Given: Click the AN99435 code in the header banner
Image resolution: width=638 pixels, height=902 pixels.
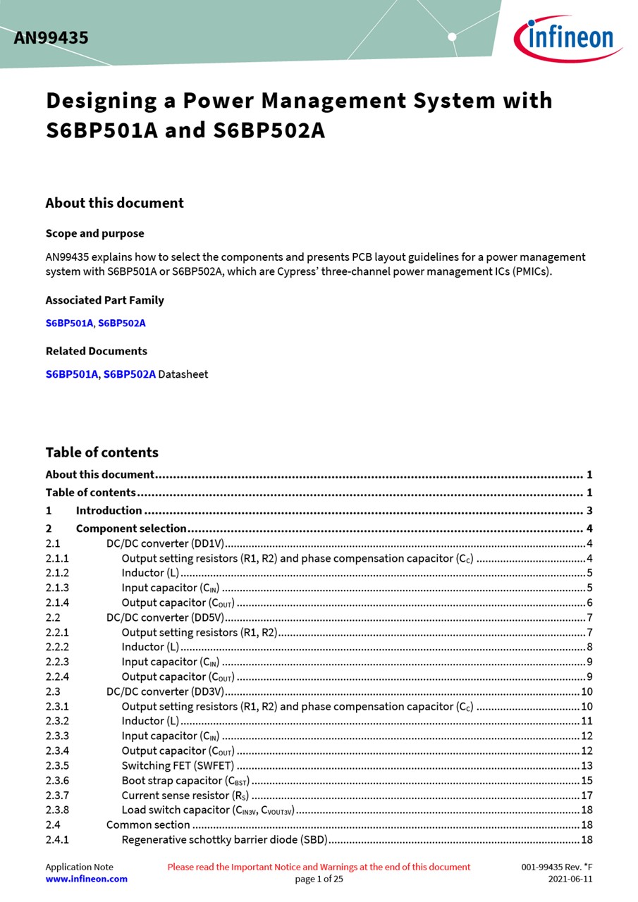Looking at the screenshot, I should [x=51, y=38].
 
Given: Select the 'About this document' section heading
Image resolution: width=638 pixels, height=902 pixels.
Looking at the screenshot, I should [x=114, y=203].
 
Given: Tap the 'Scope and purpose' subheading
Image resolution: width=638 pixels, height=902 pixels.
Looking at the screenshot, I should [x=94, y=233].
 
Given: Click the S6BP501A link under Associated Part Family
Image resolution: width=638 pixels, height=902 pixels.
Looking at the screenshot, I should [x=69, y=323].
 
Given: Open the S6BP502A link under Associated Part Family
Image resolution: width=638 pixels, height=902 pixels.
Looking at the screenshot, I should [x=122, y=323].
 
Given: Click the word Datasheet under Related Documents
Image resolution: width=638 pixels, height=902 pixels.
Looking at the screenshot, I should [x=183, y=374].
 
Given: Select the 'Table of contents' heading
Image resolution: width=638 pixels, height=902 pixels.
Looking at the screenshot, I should [x=102, y=452].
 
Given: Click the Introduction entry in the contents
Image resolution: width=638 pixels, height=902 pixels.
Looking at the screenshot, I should [x=109, y=510].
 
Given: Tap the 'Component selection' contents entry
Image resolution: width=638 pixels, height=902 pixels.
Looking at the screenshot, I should [x=131, y=529].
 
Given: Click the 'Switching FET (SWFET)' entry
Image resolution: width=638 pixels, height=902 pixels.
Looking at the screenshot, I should [x=178, y=766].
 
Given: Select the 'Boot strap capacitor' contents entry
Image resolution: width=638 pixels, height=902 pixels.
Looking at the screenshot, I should [x=185, y=781].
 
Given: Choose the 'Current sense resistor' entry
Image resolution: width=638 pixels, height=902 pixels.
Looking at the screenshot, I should [x=185, y=796].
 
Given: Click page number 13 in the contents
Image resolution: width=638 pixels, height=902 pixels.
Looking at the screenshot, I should [x=587, y=766].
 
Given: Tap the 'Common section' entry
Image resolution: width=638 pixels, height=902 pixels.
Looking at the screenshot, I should [x=148, y=825].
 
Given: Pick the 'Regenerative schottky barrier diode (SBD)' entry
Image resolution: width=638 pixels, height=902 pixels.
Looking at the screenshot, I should [x=224, y=840].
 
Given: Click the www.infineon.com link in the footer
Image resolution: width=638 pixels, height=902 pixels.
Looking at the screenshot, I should [x=87, y=879].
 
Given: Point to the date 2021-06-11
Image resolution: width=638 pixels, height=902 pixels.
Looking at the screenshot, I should [x=570, y=879].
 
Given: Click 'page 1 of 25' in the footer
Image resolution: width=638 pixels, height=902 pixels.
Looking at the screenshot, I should [x=319, y=879].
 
